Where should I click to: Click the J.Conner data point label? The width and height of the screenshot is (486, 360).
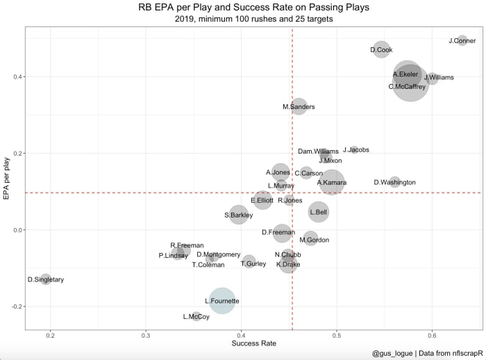coord(462,41)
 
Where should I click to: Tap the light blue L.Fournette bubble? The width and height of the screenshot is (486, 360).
coord(221,301)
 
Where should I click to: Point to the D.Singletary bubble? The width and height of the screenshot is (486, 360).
coord(46,279)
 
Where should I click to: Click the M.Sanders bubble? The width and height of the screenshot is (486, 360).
coord(299,106)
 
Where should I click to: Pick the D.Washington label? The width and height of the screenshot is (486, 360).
coord(394,182)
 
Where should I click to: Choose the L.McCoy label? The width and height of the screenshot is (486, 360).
coord(196,317)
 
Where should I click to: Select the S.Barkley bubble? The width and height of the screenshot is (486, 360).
coord(238,215)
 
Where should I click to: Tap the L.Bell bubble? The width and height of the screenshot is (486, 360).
coord(319,212)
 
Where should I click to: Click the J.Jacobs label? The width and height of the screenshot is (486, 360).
coord(356,150)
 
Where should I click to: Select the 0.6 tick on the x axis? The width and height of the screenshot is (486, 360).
coord(432,336)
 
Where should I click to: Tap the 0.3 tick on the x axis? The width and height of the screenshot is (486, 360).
coord(146,336)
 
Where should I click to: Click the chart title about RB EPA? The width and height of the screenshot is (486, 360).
coord(253,8)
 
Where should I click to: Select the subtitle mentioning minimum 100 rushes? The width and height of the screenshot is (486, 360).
coord(253,19)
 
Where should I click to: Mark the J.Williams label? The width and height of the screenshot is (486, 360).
coord(439,77)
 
